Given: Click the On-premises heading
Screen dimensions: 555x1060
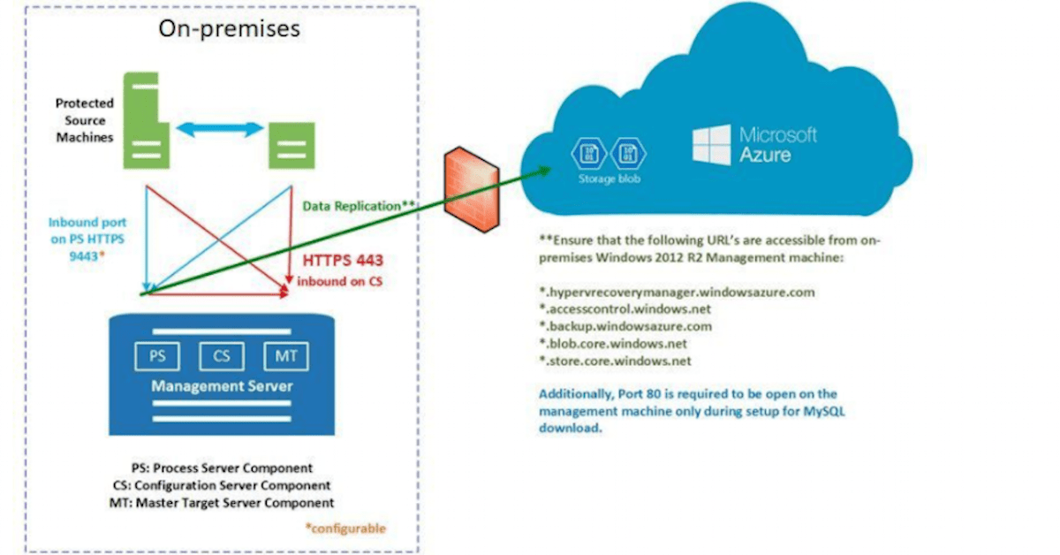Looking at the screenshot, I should pyautogui.click(x=229, y=27).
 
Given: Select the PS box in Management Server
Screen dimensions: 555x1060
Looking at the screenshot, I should pyautogui.click(x=156, y=357).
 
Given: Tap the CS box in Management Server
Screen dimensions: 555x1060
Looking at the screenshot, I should pyautogui.click(x=222, y=357).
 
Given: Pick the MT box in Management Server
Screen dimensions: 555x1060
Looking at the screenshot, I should pyautogui.click(x=286, y=357).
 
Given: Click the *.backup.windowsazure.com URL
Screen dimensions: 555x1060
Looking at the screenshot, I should pyautogui.click(x=625, y=326).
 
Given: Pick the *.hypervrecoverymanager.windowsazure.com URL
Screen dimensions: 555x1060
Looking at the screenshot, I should pyautogui.click(x=677, y=292).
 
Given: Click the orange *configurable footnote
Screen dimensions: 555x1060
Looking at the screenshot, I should pyautogui.click(x=345, y=528).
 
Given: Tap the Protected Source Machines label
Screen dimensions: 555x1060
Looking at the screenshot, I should pyautogui.click(x=85, y=120).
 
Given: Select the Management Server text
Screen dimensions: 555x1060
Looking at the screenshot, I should pyautogui.click(x=222, y=386).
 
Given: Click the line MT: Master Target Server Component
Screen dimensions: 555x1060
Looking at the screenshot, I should pyautogui.click(x=227, y=502).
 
